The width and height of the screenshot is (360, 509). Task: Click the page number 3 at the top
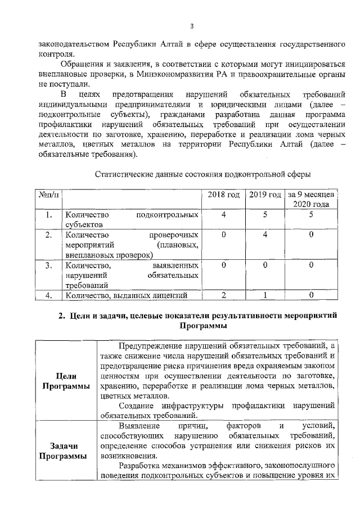[x=191, y=26]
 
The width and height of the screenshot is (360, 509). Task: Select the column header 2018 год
[x=224, y=195]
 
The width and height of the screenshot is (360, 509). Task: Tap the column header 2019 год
[x=265, y=195]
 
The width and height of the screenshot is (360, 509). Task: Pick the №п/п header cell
[x=49, y=195]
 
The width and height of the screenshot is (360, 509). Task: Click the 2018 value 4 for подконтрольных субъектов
[x=224, y=215]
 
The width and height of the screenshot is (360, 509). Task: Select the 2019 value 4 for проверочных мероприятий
[x=265, y=235]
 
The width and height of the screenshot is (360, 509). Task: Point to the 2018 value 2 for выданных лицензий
[x=224, y=295]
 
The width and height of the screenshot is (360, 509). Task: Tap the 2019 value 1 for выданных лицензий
[x=265, y=295]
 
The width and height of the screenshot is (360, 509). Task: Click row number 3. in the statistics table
[x=49, y=265]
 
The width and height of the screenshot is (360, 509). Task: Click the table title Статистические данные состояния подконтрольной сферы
[x=203, y=174]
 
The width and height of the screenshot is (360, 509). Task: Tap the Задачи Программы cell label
[x=64, y=451]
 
